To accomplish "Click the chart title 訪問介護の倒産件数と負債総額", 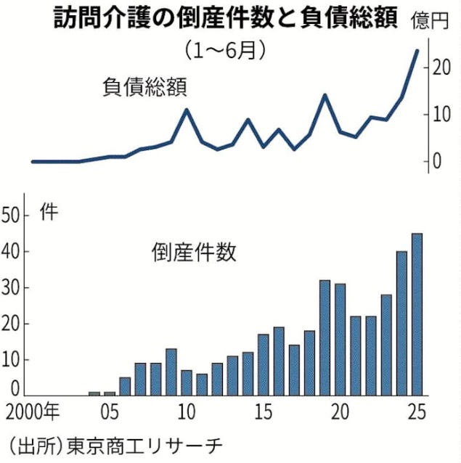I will click(225, 18).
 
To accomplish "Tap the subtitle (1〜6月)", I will click(224, 52).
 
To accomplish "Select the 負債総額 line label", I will click(145, 88).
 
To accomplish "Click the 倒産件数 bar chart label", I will click(194, 253).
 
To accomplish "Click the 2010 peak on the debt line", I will click(187, 110).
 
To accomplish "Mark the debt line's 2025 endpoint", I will click(417, 50).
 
